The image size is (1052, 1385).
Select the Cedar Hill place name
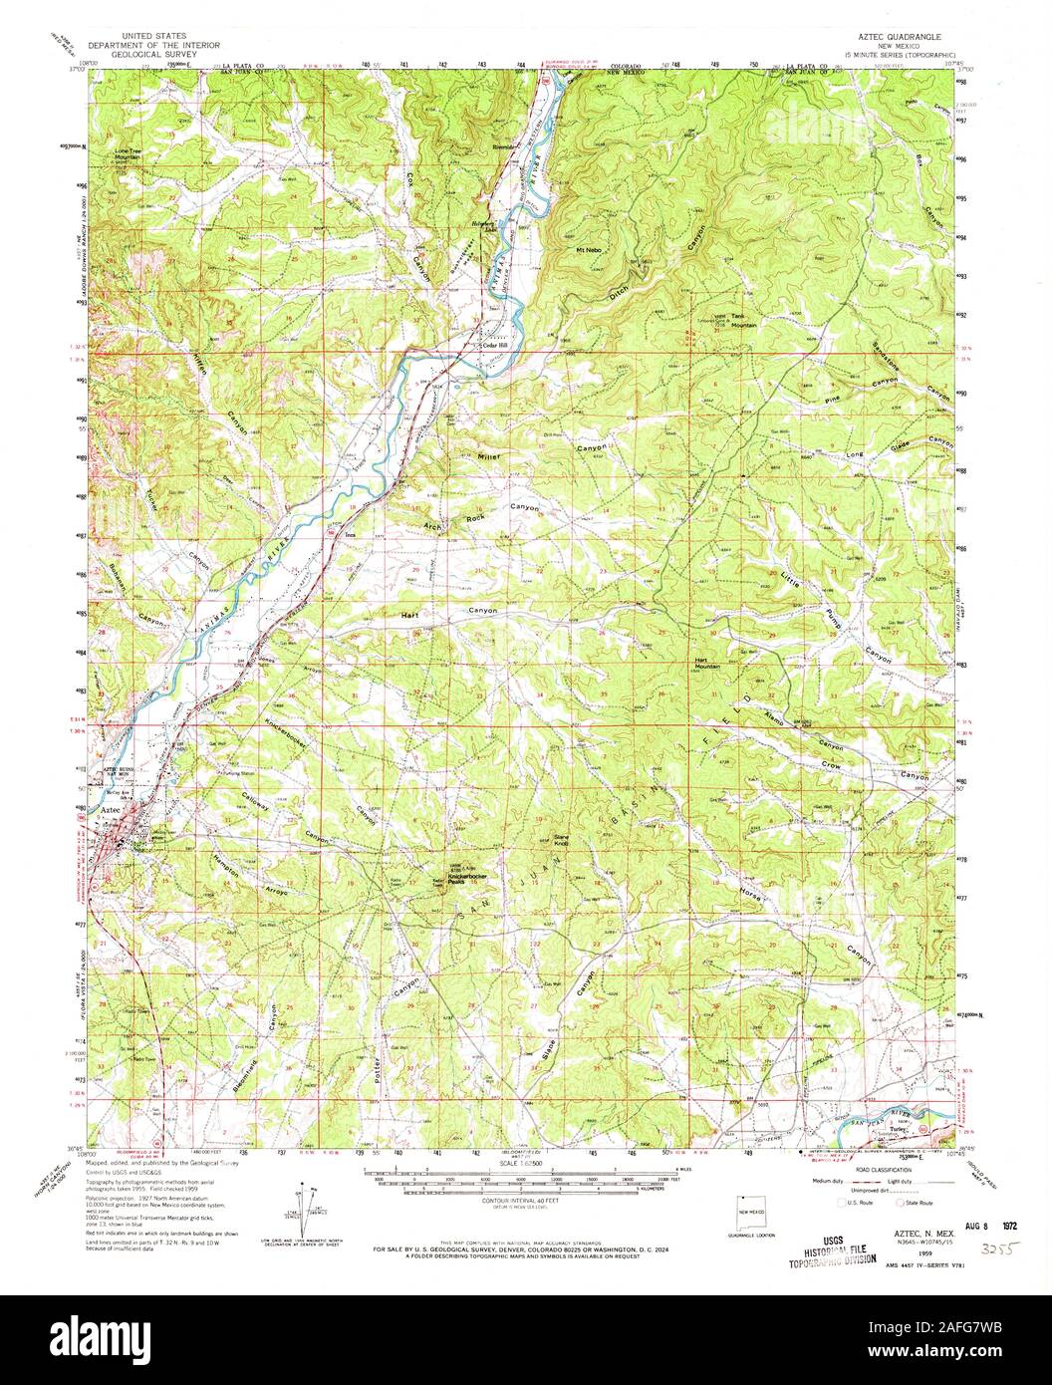pyautogui.click(x=495, y=347)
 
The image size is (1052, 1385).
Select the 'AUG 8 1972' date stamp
pyautogui.click(x=948, y=1220)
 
